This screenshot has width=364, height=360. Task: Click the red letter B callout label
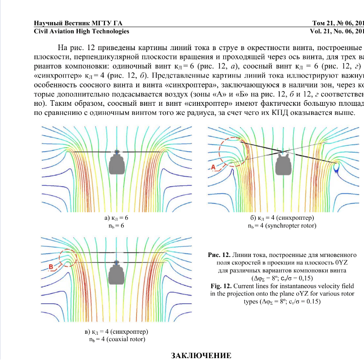point(51,267)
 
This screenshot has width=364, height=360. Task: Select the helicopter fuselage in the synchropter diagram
point(282,164)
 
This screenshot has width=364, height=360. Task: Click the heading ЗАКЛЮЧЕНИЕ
point(201,355)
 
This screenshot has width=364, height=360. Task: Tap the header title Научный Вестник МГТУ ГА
point(79,23)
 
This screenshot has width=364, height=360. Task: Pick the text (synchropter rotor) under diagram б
point(290,226)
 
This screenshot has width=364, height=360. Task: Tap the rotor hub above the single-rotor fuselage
point(117,151)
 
